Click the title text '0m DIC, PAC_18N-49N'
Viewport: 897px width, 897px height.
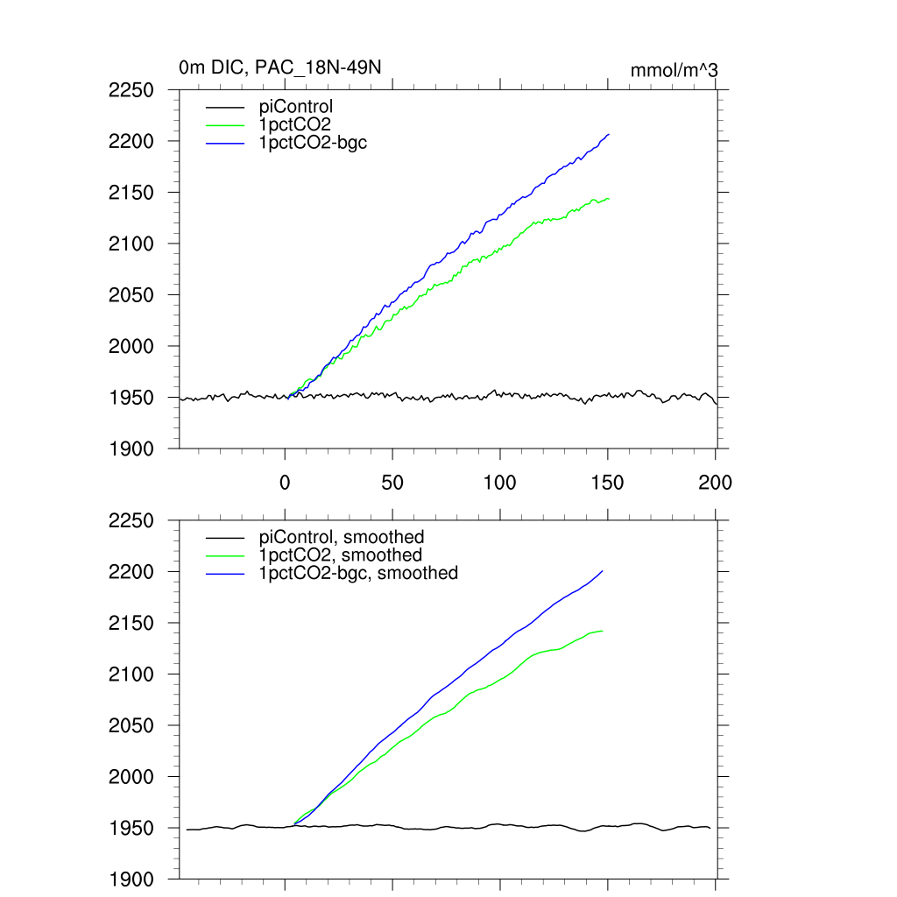coord(279,67)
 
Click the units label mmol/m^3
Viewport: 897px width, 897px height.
coord(675,70)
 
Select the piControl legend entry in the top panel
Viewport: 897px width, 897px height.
coord(296,107)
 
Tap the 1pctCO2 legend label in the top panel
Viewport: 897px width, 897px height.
coord(294,124)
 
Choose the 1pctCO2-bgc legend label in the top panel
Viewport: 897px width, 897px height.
coord(313,142)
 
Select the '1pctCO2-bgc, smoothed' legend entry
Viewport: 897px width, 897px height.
coord(358,573)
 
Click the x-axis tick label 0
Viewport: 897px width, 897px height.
coord(285,483)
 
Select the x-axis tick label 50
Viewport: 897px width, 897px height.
coord(392,483)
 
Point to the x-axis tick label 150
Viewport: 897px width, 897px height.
coord(608,483)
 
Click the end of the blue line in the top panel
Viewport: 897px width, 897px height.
coord(609,134)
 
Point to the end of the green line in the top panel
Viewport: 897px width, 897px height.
coord(609,199)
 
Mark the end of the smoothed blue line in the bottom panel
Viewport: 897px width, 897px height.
coord(603,571)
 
